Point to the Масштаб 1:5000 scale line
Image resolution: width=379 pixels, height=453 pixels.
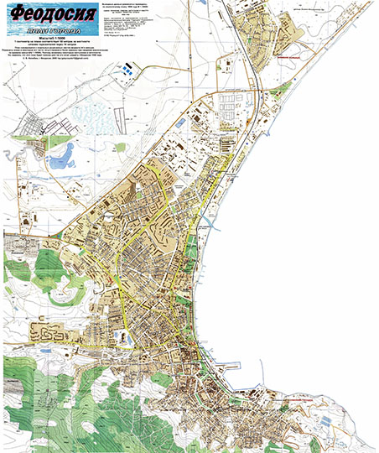(x=50, y=39)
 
